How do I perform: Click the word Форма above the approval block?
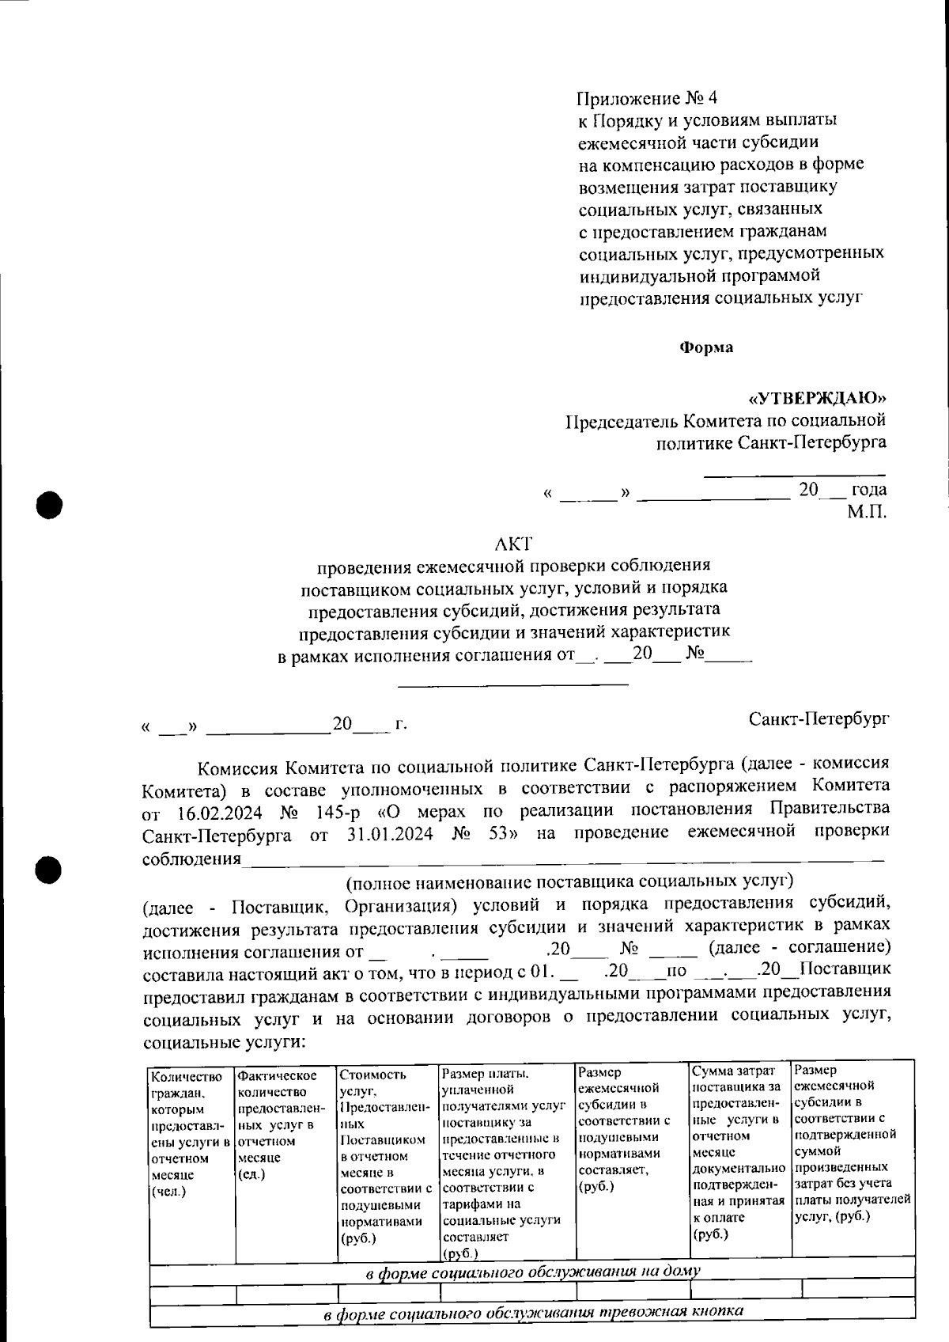706,347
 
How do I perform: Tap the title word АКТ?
514,544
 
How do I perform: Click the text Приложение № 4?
648,98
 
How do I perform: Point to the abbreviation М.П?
867,511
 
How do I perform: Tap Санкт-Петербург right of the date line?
819,719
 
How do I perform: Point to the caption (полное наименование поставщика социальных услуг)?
569,881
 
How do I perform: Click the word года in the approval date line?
868,489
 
